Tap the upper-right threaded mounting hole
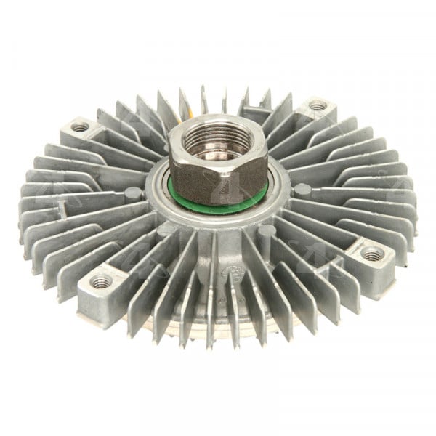click(317, 105)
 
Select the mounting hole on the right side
click(373, 254)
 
